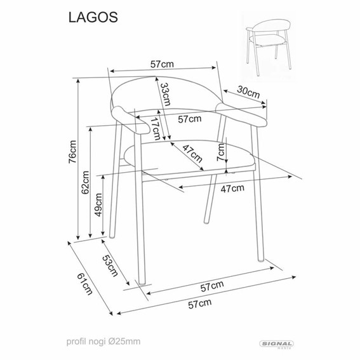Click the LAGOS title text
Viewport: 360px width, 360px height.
click(93, 17)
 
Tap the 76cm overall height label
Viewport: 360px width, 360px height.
click(72, 152)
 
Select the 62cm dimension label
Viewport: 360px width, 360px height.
click(86, 182)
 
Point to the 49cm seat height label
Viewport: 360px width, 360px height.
click(98, 204)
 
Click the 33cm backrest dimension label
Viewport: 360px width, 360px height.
click(165, 94)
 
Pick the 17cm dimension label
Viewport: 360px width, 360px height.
click(156, 128)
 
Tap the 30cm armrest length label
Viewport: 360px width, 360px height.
click(248, 92)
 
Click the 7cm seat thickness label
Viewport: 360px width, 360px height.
click(221, 152)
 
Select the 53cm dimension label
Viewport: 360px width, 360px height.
click(110, 265)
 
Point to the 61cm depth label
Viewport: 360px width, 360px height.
click(84, 284)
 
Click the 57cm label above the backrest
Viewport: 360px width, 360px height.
click(162, 64)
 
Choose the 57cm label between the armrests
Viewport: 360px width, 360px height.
click(190, 119)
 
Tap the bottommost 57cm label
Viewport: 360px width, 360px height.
click(200, 303)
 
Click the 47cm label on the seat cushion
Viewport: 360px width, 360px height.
click(192, 154)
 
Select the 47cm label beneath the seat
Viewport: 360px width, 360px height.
click(232, 189)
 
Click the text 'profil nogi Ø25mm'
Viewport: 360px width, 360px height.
click(103, 342)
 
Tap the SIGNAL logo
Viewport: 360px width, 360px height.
click(277, 344)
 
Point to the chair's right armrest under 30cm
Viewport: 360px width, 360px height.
click(241, 114)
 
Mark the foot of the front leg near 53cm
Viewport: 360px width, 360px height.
click(142, 282)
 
